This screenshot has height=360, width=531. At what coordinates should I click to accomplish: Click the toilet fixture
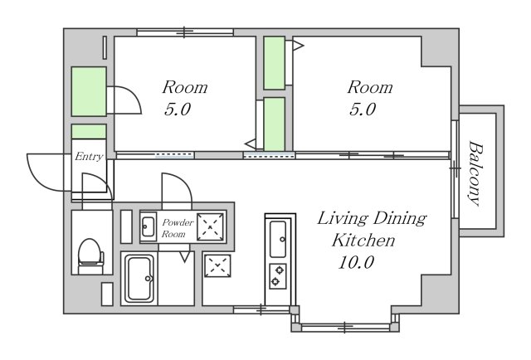pos(90,255)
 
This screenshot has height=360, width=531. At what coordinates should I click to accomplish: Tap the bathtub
pos(139,279)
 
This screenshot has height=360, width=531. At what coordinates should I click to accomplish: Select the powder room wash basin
pos(149,226)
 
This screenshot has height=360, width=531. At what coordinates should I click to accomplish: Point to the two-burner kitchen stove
pos(278,276)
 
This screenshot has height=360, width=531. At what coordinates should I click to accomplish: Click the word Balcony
pos(475,173)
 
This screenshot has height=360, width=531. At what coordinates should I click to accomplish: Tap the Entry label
pos(89,157)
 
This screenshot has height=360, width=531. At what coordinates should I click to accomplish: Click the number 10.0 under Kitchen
pos(356,262)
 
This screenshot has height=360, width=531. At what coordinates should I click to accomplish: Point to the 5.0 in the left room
pos(178,109)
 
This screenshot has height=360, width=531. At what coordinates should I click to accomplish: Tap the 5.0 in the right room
pos(363,109)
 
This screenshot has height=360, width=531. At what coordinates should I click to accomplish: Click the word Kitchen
pos(363,240)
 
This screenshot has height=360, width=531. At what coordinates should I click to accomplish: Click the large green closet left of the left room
pos(89,91)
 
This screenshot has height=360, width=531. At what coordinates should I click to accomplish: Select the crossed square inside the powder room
pos(210,226)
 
